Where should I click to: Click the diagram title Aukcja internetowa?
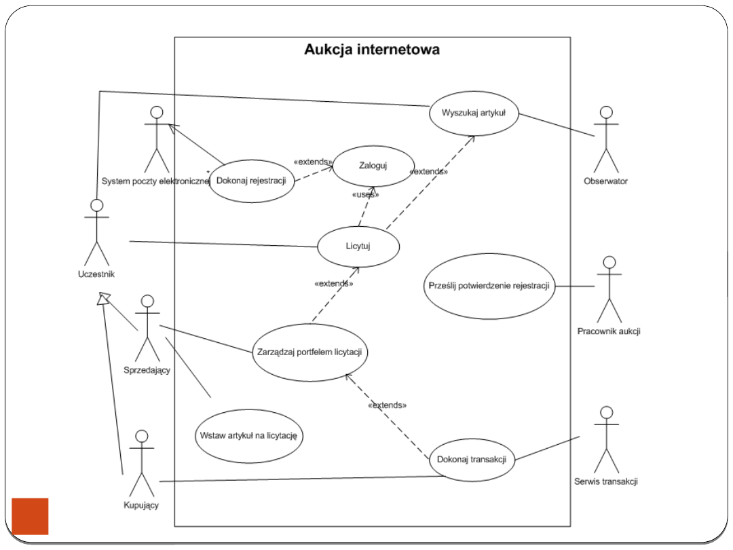[371, 50]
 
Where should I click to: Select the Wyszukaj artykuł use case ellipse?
[474, 113]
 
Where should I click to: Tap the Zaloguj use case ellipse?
[373, 165]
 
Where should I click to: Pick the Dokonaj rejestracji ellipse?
[251, 181]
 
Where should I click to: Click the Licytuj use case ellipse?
[358, 246]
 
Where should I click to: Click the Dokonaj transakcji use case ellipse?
[472, 459]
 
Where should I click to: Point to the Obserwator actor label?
[605, 181]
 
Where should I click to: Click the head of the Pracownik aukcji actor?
[609, 262]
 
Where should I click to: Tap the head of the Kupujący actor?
[141, 436]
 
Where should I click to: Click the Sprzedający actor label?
[147, 370]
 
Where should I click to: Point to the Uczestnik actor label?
[96, 274]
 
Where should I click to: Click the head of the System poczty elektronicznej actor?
[157, 112]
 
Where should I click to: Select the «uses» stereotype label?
[364, 194]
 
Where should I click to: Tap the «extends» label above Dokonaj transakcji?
[387, 405]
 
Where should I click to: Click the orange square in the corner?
[31, 516]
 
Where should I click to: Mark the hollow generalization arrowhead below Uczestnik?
[102, 297]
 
